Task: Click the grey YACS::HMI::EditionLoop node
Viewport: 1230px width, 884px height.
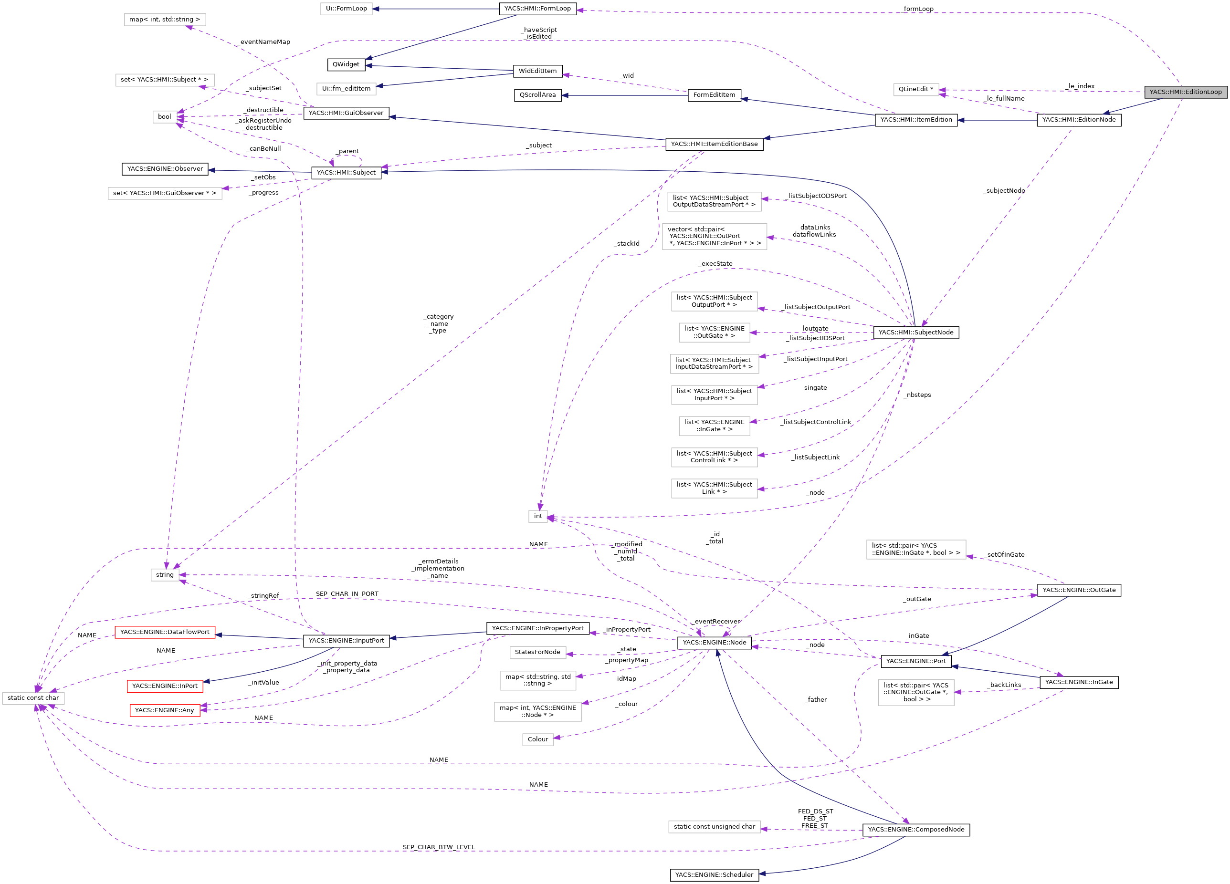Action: [x=1185, y=92]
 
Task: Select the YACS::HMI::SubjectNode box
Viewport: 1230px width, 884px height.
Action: [x=915, y=332]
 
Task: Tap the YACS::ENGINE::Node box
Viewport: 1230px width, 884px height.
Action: [x=714, y=642]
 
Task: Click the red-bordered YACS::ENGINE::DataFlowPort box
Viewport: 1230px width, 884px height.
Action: [x=164, y=632]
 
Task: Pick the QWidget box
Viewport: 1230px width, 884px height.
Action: [x=346, y=64]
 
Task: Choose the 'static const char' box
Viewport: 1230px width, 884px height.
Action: [x=33, y=697]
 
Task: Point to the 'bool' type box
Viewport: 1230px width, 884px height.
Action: [x=164, y=116]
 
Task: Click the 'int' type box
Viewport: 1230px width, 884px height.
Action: [x=537, y=516]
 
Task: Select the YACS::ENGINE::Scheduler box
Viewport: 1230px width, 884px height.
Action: [x=714, y=874]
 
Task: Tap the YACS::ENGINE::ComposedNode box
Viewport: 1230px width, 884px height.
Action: [x=915, y=829]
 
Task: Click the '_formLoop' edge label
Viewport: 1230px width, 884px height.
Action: [x=918, y=9]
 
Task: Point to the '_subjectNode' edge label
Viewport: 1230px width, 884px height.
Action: [x=1003, y=191]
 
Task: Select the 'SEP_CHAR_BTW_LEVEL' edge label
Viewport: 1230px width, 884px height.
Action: [x=438, y=847]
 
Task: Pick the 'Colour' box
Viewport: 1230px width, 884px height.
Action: [x=537, y=739]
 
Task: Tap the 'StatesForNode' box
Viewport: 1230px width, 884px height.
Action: [x=537, y=652]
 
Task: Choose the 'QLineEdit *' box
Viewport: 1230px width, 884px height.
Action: [x=915, y=89]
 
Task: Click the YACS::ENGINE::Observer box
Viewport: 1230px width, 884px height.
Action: [x=165, y=169]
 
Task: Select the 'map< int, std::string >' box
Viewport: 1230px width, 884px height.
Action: [x=164, y=20]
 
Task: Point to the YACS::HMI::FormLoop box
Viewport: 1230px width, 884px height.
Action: [x=537, y=9]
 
